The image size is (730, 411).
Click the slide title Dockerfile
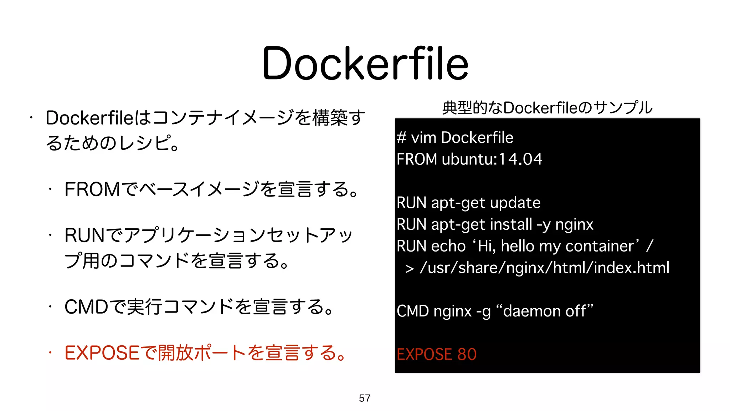pos(365,64)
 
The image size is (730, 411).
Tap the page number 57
pos(365,398)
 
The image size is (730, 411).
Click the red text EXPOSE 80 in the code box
pos(437,354)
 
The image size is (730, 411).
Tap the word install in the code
pos(511,224)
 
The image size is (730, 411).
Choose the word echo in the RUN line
pos(448,246)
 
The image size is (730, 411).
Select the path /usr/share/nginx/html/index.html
pos(545,268)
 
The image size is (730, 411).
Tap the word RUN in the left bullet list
pos(85,235)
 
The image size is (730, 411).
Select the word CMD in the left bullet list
pos(86,307)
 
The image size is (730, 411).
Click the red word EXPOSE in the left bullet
pos(102,353)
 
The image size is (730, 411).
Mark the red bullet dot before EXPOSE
pos(51,353)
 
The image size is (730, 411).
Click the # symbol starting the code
pos(402,138)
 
